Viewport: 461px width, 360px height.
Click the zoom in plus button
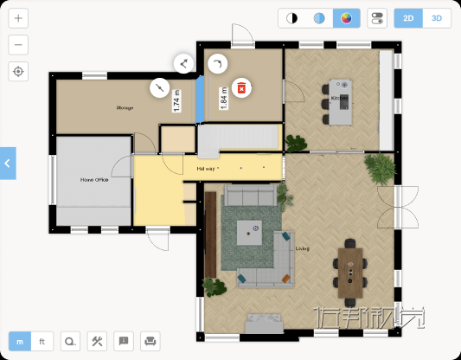click(19, 18)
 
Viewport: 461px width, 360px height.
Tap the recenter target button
click(19, 72)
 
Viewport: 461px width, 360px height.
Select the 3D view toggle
click(437, 18)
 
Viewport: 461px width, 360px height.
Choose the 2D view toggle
click(408, 18)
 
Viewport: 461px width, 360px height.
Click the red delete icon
click(243, 87)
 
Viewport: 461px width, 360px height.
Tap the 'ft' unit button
click(42, 341)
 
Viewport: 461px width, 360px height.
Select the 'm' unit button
click(19, 341)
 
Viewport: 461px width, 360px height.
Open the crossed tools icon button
click(98, 341)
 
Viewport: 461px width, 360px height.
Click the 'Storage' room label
click(125, 108)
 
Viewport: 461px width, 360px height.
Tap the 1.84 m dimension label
click(223, 96)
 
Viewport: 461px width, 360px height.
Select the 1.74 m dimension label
click(176, 101)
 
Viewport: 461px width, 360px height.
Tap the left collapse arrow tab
click(8, 163)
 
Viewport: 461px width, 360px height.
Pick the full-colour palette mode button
click(347, 18)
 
